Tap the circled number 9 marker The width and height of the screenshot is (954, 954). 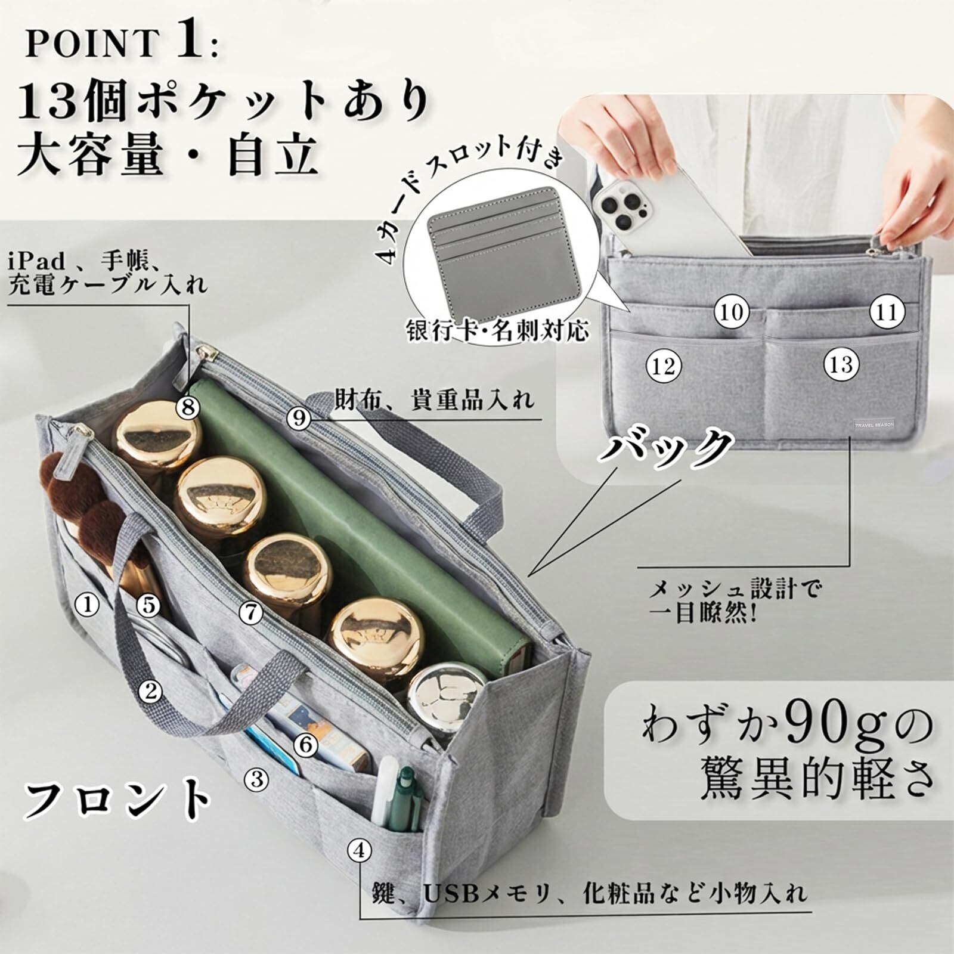point(299,417)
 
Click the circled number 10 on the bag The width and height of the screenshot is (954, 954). point(732,311)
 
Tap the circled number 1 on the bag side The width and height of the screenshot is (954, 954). point(87,605)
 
